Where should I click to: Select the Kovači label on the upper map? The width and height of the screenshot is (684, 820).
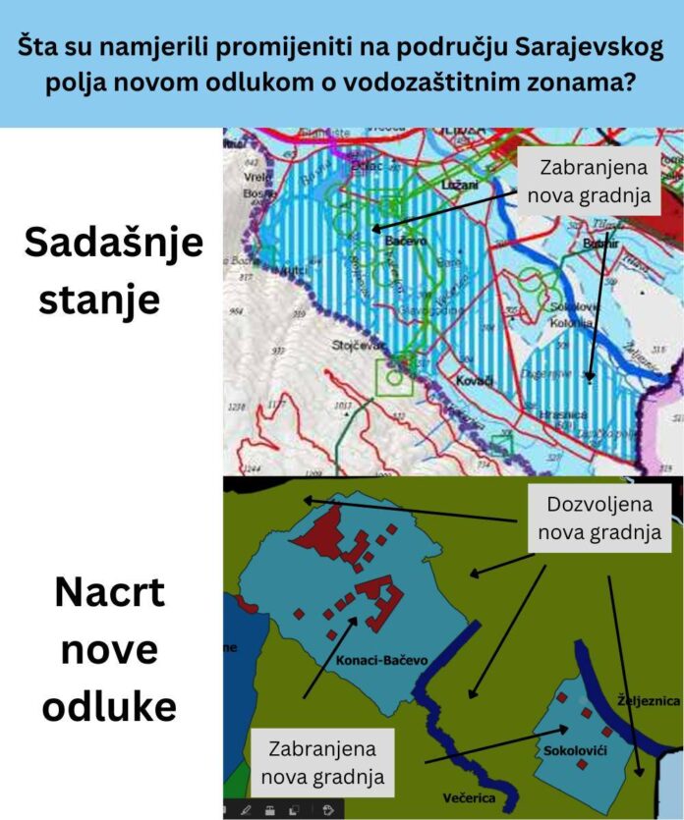coord(476,378)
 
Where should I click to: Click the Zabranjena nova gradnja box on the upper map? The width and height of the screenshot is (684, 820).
coord(589,181)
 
